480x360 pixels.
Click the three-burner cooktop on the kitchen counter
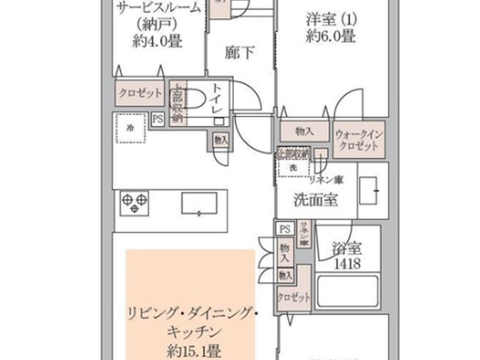point(134,203)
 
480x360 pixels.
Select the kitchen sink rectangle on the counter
point(199,203)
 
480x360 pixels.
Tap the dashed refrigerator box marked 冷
point(130,128)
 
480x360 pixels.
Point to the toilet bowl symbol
point(193,99)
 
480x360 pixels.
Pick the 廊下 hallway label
point(239,52)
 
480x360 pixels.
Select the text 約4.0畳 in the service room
point(157,41)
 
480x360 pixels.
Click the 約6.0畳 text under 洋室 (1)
point(330,36)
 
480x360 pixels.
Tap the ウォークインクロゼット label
point(358,140)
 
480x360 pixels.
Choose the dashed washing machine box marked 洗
point(293,168)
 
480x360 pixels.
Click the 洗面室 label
point(315,200)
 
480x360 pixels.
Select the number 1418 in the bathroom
point(347,264)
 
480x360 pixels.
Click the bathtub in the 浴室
point(348,291)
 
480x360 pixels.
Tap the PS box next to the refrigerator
point(158,119)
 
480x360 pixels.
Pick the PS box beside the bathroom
point(285,229)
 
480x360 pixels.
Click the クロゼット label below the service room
point(140,93)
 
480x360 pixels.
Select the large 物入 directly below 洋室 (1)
point(304,131)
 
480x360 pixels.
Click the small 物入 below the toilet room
point(221,140)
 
